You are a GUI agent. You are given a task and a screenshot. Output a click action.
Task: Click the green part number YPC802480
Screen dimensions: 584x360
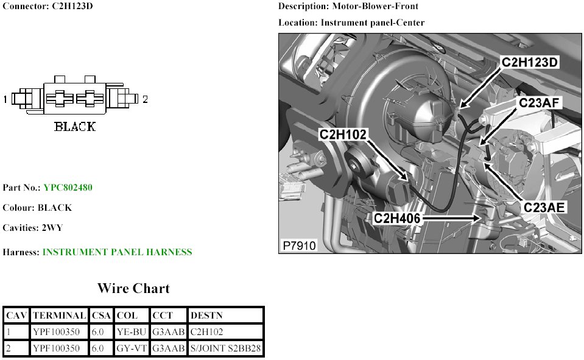click(68, 188)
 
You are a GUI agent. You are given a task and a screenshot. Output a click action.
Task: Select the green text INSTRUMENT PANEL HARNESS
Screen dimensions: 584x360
click(117, 252)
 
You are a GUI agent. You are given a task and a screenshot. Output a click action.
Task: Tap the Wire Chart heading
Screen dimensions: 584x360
click(133, 288)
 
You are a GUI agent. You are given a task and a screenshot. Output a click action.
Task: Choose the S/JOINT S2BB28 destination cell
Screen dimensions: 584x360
click(225, 348)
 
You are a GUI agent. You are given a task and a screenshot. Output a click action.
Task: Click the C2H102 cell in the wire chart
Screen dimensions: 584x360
click(208, 332)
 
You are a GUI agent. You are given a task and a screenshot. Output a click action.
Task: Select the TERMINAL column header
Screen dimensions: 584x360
click(59, 316)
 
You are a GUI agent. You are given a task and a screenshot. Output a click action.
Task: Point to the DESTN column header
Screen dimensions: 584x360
click(206, 316)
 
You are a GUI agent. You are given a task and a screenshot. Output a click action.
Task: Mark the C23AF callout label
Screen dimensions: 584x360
click(540, 103)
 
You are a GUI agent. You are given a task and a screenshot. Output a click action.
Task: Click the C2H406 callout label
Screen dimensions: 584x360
click(398, 217)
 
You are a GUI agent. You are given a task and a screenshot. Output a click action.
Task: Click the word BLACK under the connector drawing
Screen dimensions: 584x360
click(75, 127)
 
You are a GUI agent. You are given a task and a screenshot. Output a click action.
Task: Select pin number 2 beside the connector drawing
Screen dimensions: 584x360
click(145, 99)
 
